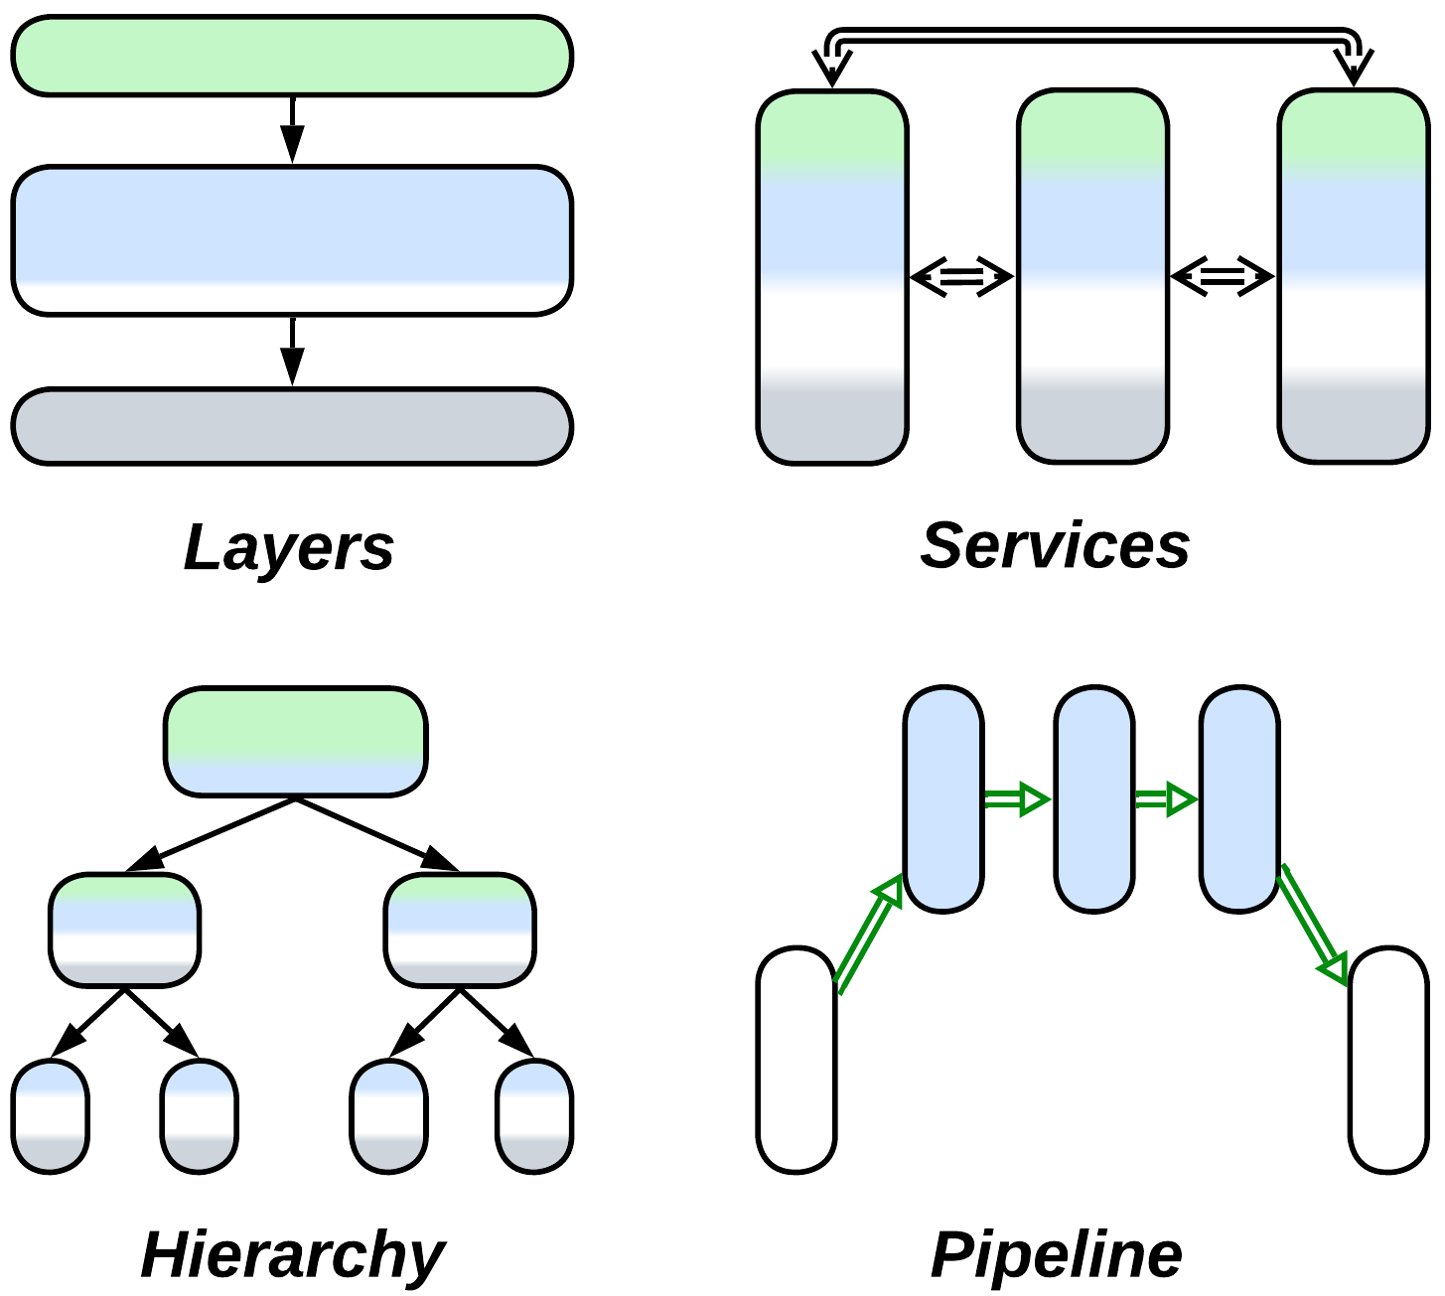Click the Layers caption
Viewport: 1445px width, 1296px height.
tap(289, 547)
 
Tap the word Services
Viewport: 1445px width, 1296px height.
tap(1055, 545)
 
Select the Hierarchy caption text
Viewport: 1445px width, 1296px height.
tap(293, 1254)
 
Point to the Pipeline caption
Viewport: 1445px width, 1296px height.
tap(1056, 1254)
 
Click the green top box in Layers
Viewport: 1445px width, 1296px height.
tap(292, 56)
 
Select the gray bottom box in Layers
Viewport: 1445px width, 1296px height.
tap(292, 426)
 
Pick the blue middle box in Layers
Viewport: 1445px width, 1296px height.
tap(292, 240)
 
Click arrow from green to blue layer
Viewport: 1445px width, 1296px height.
tap(292, 129)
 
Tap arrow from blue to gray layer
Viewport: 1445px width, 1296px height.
tap(292, 351)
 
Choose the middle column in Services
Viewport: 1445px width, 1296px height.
tap(1092, 276)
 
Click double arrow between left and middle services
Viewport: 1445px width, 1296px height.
tap(961, 277)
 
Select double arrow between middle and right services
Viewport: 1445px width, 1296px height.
tap(1223, 277)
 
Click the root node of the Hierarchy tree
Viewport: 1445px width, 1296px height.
tap(295, 741)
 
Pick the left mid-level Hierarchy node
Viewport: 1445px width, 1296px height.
tap(124, 930)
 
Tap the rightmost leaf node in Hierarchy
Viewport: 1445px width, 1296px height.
tap(534, 1116)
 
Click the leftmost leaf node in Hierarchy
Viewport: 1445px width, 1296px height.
tap(51, 1116)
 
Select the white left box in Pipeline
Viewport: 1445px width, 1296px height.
tap(796, 1060)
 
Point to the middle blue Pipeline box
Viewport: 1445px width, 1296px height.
tap(1093, 798)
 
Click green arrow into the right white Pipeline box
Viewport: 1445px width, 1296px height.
tap(1313, 924)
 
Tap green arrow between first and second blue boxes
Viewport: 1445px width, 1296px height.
tap(1017, 799)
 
